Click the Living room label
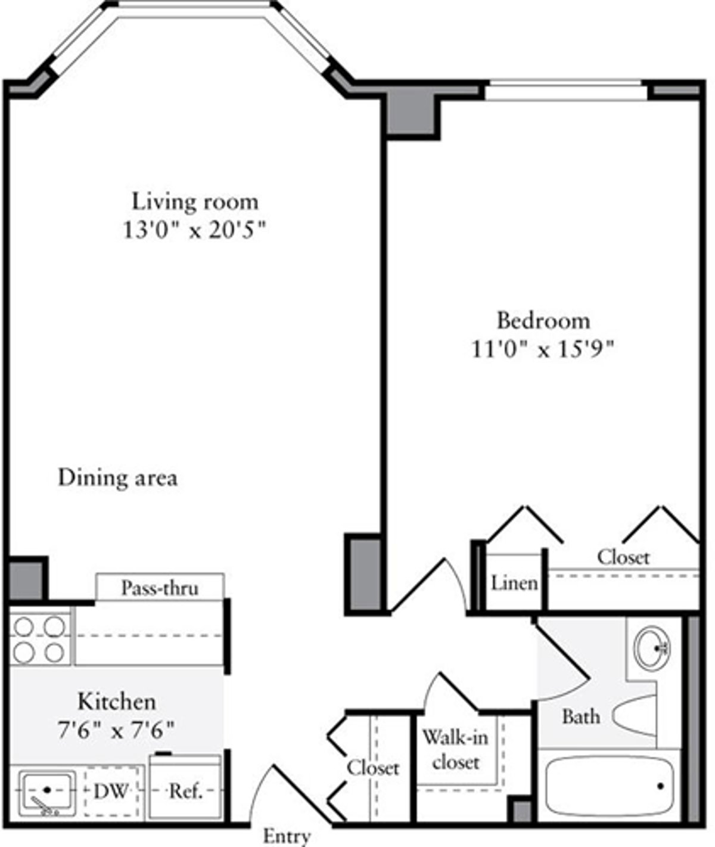[x=195, y=201]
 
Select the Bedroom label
[x=543, y=321]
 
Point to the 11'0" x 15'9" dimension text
[x=542, y=349]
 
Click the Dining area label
[x=117, y=478]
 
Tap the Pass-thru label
[x=160, y=588]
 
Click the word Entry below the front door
[x=287, y=836]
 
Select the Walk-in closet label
[x=456, y=749]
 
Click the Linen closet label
[x=514, y=583]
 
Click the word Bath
[x=580, y=716]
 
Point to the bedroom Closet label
[x=623, y=557]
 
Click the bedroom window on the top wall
[x=565, y=91]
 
